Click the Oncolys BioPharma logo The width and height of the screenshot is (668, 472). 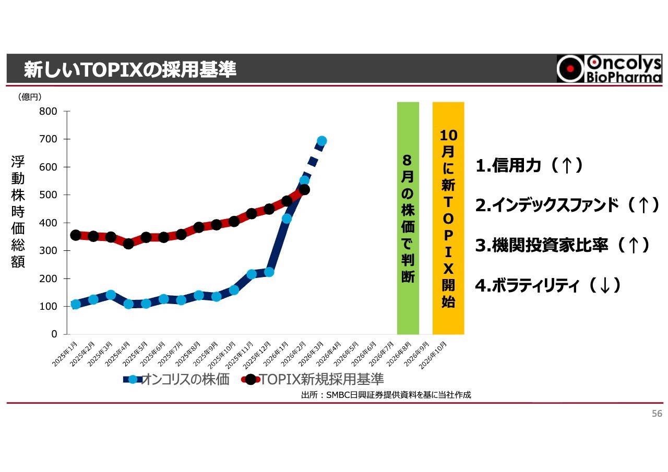click(x=609, y=69)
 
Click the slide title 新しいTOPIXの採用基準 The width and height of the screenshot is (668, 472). click(x=130, y=69)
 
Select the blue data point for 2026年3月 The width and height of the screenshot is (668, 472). click(x=322, y=141)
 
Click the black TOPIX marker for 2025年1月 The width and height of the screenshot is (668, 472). click(x=76, y=235)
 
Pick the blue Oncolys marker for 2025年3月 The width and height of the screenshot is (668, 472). click(x=111, y=295)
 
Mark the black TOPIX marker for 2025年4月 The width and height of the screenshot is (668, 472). click(x=128, y=244)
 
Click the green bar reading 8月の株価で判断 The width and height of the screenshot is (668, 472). click(x=408, y=218)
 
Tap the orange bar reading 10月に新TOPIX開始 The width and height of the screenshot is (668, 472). click(x=448, y=218)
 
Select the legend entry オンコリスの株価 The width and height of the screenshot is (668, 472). click(x=177, y=379)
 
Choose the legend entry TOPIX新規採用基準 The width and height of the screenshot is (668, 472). click(x=313, y=379)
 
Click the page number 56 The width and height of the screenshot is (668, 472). click(x=657, y=414)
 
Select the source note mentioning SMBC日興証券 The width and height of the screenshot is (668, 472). click(x=386, y=395)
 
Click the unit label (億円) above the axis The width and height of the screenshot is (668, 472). click(x=29, y=96)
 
